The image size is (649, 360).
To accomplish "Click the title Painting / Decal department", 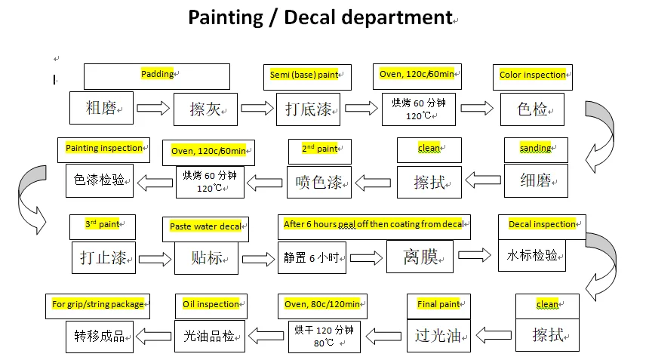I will (320, 17).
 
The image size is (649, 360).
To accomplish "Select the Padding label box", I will (157, 75).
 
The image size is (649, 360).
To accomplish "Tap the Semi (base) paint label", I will (305, 75).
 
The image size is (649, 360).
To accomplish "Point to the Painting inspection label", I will (104, 149).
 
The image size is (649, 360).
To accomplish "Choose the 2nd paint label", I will (320, 149).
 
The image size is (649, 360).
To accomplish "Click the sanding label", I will (535, 149).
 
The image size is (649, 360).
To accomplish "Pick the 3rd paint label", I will (102, 224).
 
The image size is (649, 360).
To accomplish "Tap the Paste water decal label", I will (205, 226).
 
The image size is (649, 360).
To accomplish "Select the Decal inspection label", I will (542, 224).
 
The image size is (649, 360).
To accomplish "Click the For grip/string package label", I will (97, 304).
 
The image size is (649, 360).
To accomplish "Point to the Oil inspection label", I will (211, 304).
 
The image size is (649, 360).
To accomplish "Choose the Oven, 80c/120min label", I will (321, 304).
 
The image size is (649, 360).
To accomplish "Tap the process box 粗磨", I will (101, 109).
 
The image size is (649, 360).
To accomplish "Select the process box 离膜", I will (420, 257).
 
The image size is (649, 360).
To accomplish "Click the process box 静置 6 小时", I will (312, 257).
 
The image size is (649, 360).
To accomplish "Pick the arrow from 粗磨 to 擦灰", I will (153, 109).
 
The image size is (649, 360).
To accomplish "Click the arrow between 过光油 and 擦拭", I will (493, 335).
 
